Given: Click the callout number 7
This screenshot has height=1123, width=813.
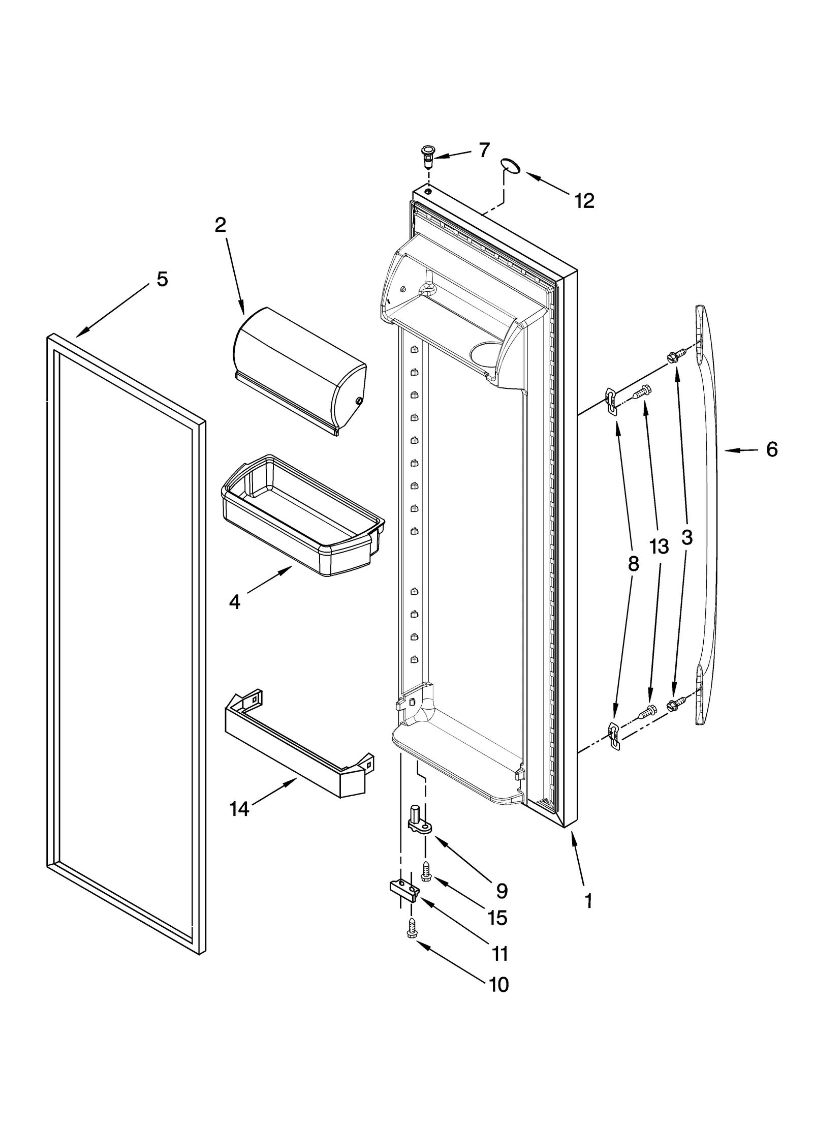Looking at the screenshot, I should (x=484, y=150).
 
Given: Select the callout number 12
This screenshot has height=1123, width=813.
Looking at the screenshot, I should (x=584, y=201).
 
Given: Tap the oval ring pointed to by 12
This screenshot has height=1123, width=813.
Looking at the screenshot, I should (x=510, y=165).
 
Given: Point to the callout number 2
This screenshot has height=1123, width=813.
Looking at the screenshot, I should (x=220, y=225).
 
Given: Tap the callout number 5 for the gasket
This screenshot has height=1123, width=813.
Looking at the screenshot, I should (x=162, y=279).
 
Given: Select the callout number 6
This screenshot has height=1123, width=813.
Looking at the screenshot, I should (x=771, y=449).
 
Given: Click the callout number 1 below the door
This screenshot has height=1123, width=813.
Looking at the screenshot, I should (x=588, y=901).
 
